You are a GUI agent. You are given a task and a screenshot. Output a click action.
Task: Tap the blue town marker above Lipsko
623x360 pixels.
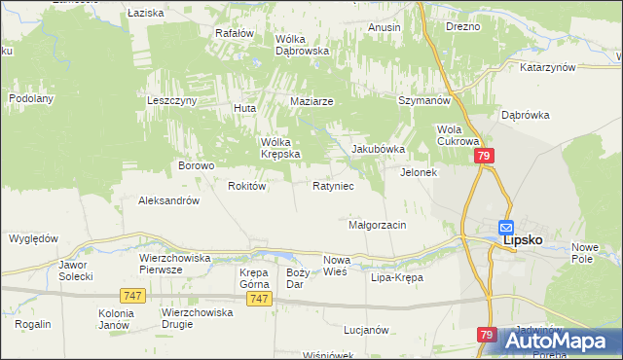[507, 227]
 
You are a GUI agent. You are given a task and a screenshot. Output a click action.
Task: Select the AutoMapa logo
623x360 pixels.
[563, 341]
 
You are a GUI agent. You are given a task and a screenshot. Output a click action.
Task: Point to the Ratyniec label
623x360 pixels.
[333, 185]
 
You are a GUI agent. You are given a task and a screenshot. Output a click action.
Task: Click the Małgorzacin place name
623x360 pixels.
[377, 225]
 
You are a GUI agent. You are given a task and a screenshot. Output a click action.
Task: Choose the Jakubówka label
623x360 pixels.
[378, 149]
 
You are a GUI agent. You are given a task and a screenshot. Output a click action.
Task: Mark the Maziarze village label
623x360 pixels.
[312, 101]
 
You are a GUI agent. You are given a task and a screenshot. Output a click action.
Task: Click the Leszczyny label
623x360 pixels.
[172, 100]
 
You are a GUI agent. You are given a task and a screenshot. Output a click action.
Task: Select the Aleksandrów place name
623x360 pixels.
[169, 200]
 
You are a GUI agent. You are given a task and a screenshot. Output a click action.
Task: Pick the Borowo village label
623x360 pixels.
[196, 165]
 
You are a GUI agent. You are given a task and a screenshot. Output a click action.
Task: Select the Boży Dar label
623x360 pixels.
[297, 278]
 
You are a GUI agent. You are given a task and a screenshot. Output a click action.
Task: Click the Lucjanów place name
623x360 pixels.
[366, 330]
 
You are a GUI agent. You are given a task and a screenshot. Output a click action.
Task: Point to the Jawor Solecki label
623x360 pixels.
[75, 270]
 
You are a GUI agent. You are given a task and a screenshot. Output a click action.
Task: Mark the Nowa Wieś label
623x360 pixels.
[336, 266]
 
